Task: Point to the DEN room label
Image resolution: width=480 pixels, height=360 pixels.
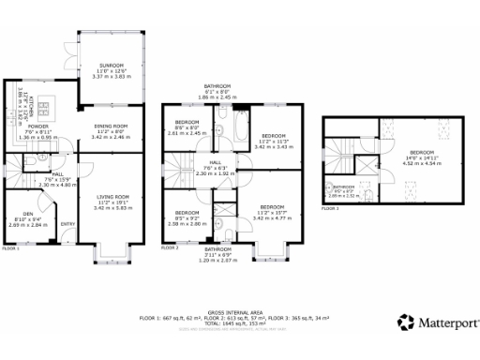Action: tap(25, 214)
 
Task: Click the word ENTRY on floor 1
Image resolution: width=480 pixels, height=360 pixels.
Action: tap(67, 224)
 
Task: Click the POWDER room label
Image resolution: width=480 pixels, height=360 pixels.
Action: tap(38, 126)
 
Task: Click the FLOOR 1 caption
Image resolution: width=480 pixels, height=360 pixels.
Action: tap(10, 248)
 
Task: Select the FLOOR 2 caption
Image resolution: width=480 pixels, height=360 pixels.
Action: tap(170, 248)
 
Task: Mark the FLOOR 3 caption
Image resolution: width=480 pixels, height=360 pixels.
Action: tap(329, 209)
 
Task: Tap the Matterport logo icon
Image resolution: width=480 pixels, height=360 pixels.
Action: tap(405, 322)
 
